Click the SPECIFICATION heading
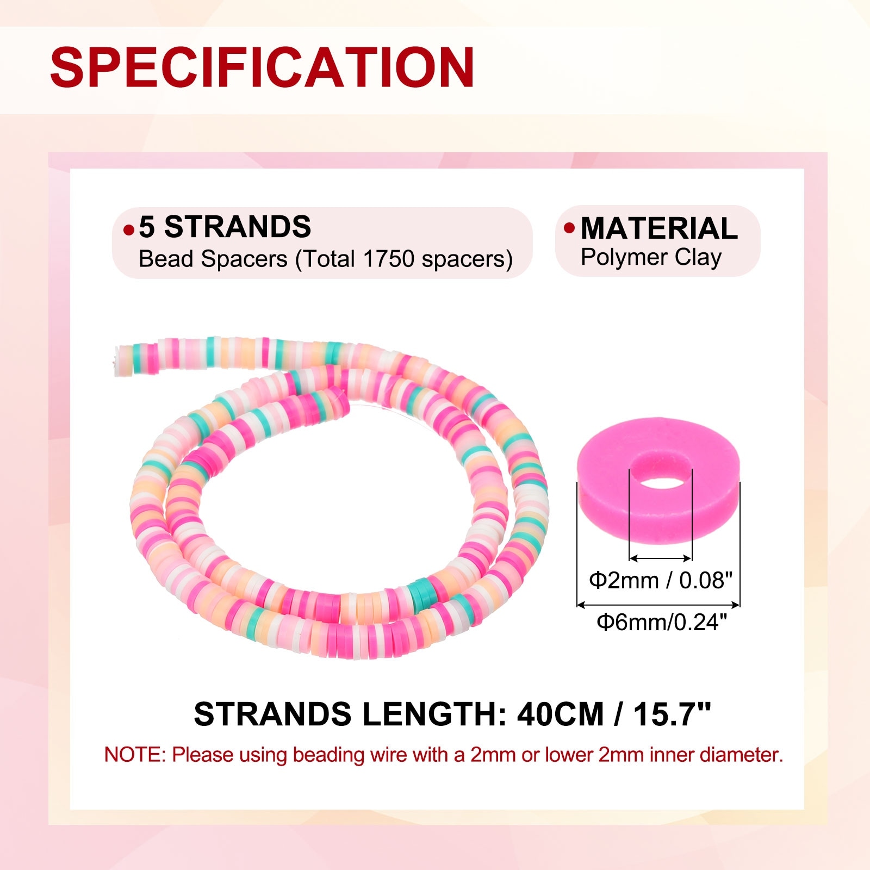(263, 67)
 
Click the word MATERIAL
(659, 228)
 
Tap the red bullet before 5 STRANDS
(129, 230)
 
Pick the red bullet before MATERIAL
(569, 228)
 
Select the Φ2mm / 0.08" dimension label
(661, 580)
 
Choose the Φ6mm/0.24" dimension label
(661, 622)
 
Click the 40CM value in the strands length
(560, 714)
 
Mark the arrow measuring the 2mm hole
(660, 558)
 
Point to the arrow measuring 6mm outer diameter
(658, 604)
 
